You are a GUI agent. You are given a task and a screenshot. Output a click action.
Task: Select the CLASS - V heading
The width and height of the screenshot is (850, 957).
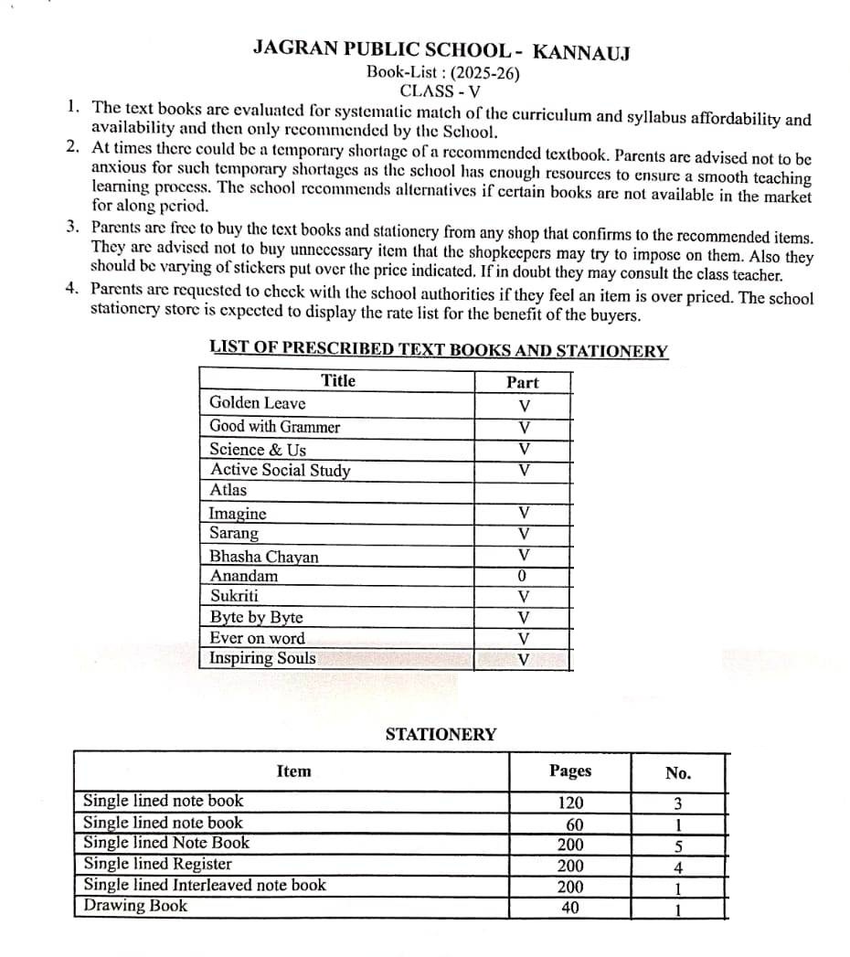pyautogui.click(x=441, y=90)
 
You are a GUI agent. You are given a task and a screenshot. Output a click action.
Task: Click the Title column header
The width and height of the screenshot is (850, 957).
pyautogui.click(x=338, y=380)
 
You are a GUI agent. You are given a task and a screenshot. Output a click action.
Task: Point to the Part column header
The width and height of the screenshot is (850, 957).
pyautogui.click(x=523, y=382)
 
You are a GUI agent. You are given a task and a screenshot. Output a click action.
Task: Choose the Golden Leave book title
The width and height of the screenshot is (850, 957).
pyautogui.click(x=258, y=403)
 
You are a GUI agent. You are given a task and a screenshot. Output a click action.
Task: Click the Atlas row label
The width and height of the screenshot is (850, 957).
pyautogui.click(x=228, y=490)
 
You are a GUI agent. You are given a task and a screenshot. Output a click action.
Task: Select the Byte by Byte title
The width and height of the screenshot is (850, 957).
pyautogui.click(x=256, y=618)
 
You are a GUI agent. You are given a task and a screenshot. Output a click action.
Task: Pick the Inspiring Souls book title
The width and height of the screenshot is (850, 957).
pyautogui.click(x=262, y=658)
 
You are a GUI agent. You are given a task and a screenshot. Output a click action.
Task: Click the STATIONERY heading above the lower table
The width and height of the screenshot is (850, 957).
pyautogui.click(x=441, y=734)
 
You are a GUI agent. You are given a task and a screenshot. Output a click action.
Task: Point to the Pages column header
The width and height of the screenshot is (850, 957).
pyautogui.click(x=570, y=771)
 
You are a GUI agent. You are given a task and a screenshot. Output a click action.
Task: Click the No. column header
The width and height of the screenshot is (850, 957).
pyautogui.click(x=678, y=773)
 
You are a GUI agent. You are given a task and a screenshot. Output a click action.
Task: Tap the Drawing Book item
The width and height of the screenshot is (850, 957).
pyautogui.click(x=135, y=906)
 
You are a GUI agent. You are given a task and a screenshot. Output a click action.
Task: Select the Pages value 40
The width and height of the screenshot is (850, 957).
pyautogui.click(x=570, y=909)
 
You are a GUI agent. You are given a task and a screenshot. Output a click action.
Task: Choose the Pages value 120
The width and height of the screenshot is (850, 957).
pyautogui.click(x=570, y=803)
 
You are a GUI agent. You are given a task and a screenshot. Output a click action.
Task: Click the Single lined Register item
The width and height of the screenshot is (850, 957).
pyautogui.click(x=157, y=864)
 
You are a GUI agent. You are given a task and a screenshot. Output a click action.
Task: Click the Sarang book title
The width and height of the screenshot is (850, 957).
pyautogui.click(x=234, y=534)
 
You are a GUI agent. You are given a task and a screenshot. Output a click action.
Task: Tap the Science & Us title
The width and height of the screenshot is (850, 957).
pyautogui.click(x=258, y=449)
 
